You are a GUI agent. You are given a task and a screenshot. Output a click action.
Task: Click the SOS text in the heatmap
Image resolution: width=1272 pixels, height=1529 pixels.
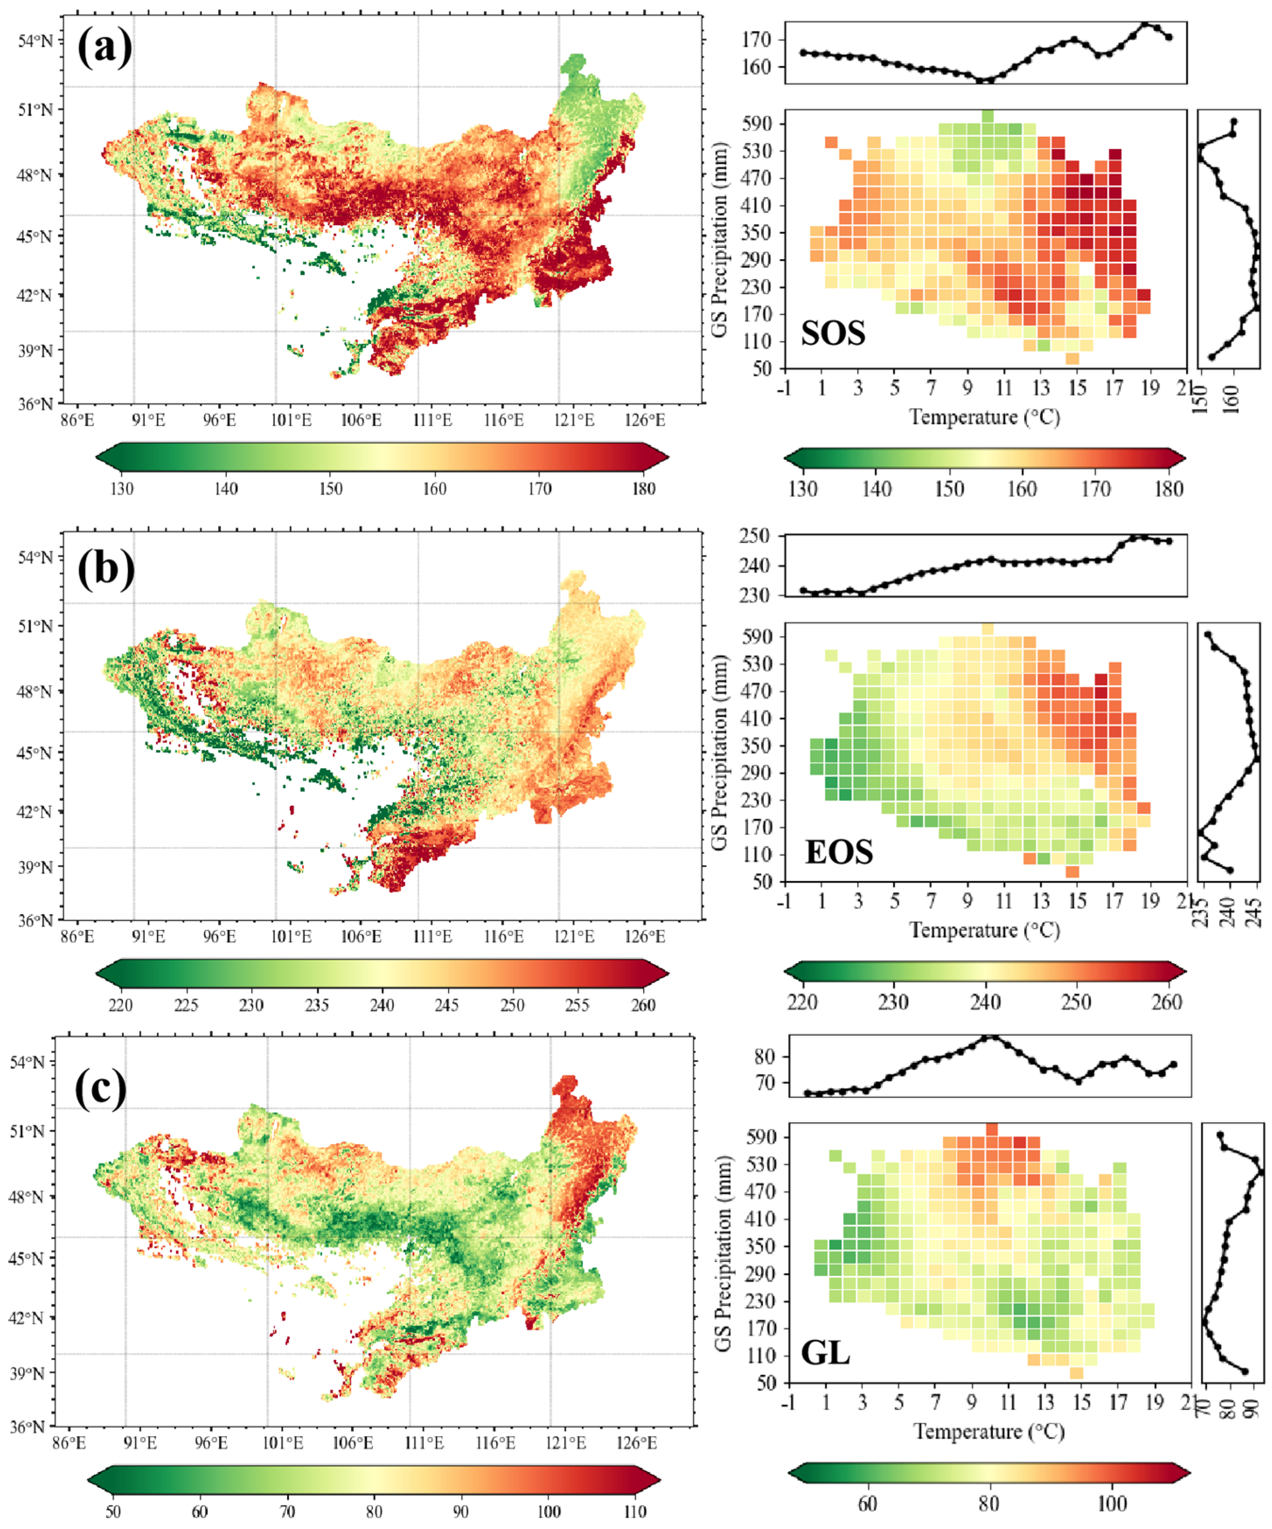click(x=833, y=333)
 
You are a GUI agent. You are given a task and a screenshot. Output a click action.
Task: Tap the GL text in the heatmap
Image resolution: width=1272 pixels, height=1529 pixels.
click(x=825, y=1353)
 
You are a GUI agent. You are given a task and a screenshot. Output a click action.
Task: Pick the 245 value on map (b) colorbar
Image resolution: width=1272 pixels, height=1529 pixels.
click(x=447, y=1005)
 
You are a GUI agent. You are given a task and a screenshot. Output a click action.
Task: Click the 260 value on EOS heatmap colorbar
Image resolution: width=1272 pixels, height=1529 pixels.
click(x=1166, y=1002)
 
